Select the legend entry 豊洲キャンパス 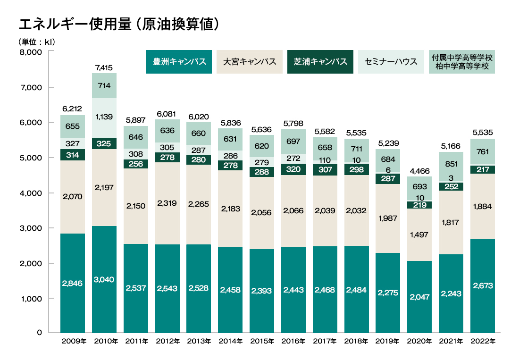[x=179, y=62]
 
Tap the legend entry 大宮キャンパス [x=250, y=62]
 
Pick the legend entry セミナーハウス [x=391, y=62]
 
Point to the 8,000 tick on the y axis [x=31, y=52]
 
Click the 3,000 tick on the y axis [x=31, y=228]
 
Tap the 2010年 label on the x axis [x=105, y=341]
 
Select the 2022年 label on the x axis [x=482, y=341]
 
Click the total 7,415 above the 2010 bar [x=104, y=68]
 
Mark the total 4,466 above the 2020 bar [x=419, y=171]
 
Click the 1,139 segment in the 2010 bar [x=104, y=116]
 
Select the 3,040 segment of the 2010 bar [x=104, y=279]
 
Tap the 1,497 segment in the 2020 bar [x=419, y=234]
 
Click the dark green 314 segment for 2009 [x=73, y=155]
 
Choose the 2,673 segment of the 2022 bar [x=482, y=285]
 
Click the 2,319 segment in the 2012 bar [x=167, y=203]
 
